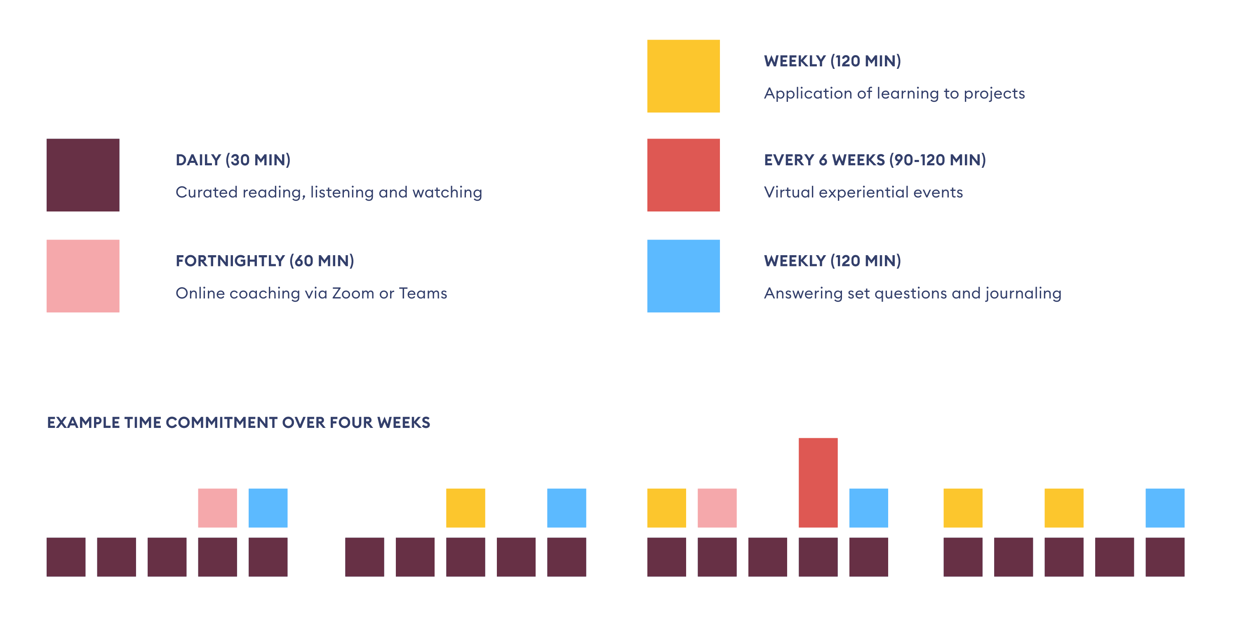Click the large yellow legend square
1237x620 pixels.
click(x=683, y=76)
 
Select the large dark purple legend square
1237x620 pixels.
click(x=82, y=175)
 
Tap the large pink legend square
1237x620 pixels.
click(x=82, y=276)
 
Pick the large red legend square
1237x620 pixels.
click(x=683, y=175)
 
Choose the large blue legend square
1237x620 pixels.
click(x=683, y=276)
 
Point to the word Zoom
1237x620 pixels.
click(x=353, y=293)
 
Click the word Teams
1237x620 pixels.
click(x=423, y=293)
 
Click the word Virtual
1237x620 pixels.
click(x=788, y=192)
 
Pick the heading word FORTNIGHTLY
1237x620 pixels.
click(x=230, y=261)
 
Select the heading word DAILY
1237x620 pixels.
click(x=198, y=160)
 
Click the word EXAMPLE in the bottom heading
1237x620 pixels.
click(x=84, y=423)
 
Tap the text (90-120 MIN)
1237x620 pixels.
click(x=937, y=160)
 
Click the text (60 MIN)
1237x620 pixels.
click(x=321, y=261)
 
